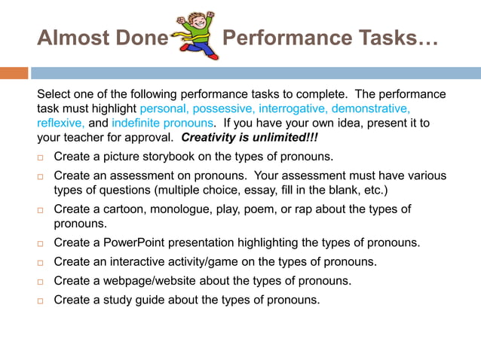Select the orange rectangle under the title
(x=14, y=73)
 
